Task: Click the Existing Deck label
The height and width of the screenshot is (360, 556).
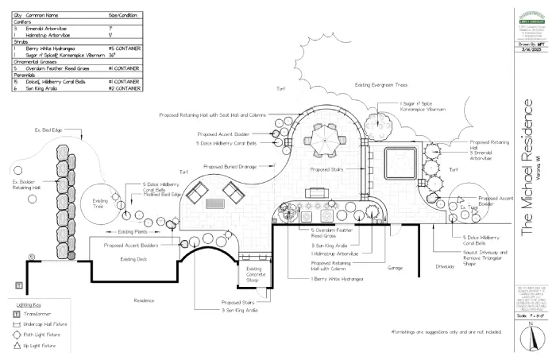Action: pos(135,260)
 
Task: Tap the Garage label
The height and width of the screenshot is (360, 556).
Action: pos(395,268)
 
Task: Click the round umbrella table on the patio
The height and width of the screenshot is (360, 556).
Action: pos(324,140)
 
